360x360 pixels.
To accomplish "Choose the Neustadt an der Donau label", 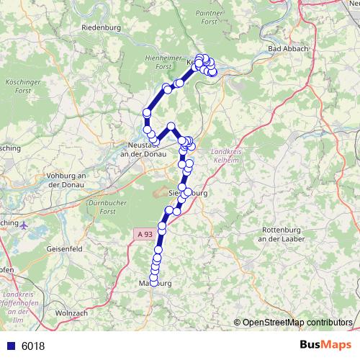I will click(141, 150).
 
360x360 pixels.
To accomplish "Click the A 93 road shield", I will click(143, 234).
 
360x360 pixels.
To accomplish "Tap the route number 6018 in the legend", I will click(33, 346).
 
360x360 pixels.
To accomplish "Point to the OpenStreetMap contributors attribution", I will click(294, 322).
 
